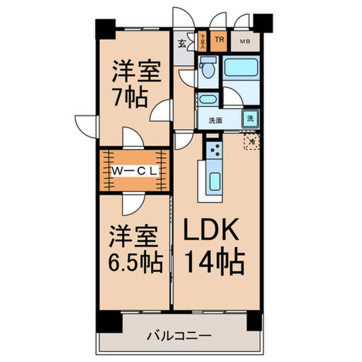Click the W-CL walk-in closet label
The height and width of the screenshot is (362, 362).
(x=135, y=170)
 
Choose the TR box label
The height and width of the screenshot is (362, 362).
(x=220, y=41)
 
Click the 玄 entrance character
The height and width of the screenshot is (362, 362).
(x=182, y=42)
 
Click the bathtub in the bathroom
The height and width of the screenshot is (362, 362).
(x=241, y=67)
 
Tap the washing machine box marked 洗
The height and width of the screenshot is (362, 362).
(x=251, y=118)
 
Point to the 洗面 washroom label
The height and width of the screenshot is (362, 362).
(x=215, y=121)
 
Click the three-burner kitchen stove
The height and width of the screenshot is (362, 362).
(x=214, y=149)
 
